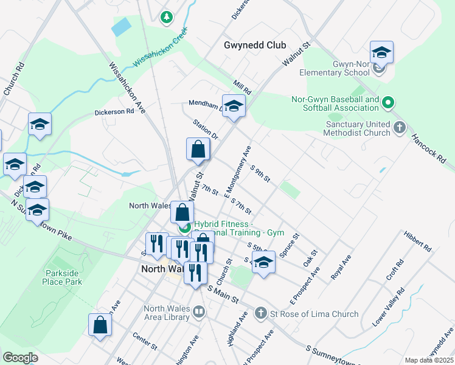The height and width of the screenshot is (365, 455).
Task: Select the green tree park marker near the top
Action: pyautogui.click(x=165, y=17)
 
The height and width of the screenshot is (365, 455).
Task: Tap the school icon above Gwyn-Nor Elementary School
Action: pyautogui.click(x=381, y=52)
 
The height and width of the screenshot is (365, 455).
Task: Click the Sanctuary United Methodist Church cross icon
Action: pyautogui.click(x=399, y=128)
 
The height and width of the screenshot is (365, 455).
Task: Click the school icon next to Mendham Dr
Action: pyautogui.click(x=234, y=106)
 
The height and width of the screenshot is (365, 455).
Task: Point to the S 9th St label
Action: pyautogui.click(x=260, y=172)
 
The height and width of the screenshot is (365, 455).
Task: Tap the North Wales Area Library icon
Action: pyautogui.click(x=199, y=313)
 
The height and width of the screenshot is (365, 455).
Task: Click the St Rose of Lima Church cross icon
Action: pyautogui.click(x=260, y=313)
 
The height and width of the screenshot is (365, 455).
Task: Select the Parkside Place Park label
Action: pyautogui.click(x=62, y=278)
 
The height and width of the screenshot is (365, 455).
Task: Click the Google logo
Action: pyautogui.click(x=20, y=357)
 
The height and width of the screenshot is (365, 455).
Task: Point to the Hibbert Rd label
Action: pyautogui.click(x=417, y=241)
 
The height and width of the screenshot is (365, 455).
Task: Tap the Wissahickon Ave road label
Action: pyautogui.click(x=128, y=89)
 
